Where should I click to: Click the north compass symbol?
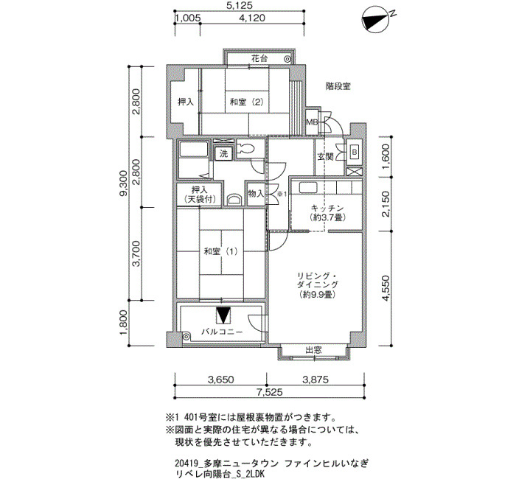click(376, 19)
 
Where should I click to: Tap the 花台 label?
click(259, 59)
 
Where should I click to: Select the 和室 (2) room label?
click(247, 102)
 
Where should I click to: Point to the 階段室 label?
click(338, 86)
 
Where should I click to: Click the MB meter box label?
click(312, 122)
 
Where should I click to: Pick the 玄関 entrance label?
click(326, 157)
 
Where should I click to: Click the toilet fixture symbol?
click(245, 149)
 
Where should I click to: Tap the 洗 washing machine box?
click(224, 153)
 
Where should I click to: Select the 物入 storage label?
click(256, 193)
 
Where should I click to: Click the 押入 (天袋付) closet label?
click(200, 195)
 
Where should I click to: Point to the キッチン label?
click(327, 209)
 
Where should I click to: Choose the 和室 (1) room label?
click(220, 252)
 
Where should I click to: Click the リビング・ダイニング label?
click(317, 280)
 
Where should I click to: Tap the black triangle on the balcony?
click(223, 315)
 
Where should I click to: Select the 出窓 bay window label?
click(313, 350)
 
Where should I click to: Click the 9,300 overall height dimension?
click(123, 183)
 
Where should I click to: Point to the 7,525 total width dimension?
click(270, 392)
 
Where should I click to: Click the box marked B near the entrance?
click(354, 153)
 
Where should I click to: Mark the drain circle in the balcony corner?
click(186, 337)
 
